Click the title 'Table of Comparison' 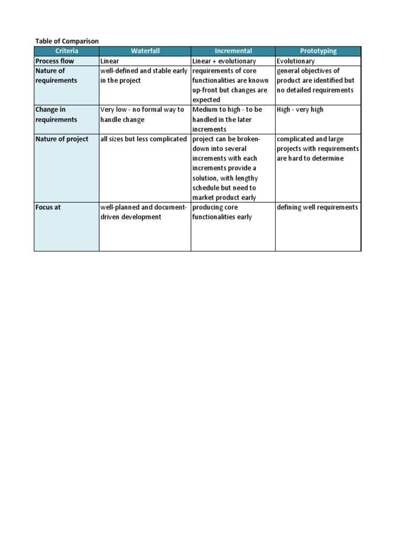[67, 41]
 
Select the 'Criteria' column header [67, 51]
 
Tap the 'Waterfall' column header [145, 51]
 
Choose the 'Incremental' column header [233, 51]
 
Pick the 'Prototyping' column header [318, 51]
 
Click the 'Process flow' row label [55, 61]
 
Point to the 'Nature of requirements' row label [56, 75]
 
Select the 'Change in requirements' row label [56, 115]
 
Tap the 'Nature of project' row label [62, 139]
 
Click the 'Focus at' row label [48, 207]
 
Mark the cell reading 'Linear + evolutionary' [224, 61]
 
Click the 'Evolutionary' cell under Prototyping [296, 61]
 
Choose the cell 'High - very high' [300, 110]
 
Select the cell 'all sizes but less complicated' [144, 139]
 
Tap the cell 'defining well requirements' [317, 207]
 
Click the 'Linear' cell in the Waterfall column [110, 61]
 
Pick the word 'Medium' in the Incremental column [206, 110]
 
